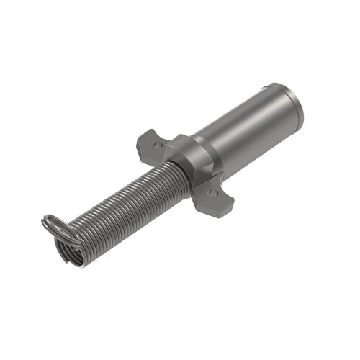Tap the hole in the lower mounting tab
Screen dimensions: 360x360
click(x=212, y=193)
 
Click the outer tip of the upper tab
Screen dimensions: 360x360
click(x=141, y=135)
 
